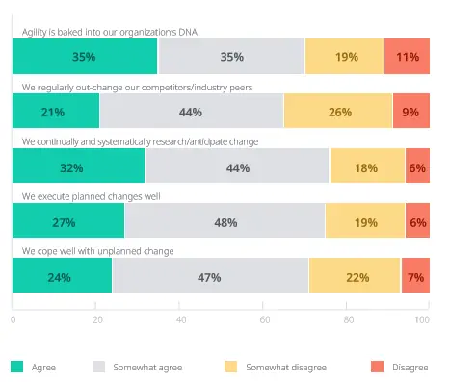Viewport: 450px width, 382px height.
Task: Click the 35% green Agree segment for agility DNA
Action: pos(85,57)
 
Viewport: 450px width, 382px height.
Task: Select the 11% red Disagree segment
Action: pos(406,57)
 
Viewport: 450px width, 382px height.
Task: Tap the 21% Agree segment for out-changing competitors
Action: pos(55,112)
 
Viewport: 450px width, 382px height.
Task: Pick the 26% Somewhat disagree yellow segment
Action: pos(338,112)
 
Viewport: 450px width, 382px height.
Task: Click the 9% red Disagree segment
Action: pos(410,112)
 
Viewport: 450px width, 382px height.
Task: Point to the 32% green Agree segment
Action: pos(78,166)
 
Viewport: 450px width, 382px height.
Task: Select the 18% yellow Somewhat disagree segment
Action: pos(367,166)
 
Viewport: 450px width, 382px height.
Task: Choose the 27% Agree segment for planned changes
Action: pos(67,221)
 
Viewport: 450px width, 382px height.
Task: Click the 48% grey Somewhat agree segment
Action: pos(225,221)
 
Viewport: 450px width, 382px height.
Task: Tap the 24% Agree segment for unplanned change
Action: pos(62,276)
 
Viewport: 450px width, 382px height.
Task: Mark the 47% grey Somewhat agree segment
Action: pos(210,276)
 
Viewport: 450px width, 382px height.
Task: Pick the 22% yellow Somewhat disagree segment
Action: pos(355,276)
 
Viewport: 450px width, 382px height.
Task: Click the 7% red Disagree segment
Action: pos(414,276)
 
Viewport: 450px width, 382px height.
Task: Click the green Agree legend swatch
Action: pos(17,367)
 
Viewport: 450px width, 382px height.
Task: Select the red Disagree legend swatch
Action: pos(375,367)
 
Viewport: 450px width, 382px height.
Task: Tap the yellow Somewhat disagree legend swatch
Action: pos(230,367)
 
